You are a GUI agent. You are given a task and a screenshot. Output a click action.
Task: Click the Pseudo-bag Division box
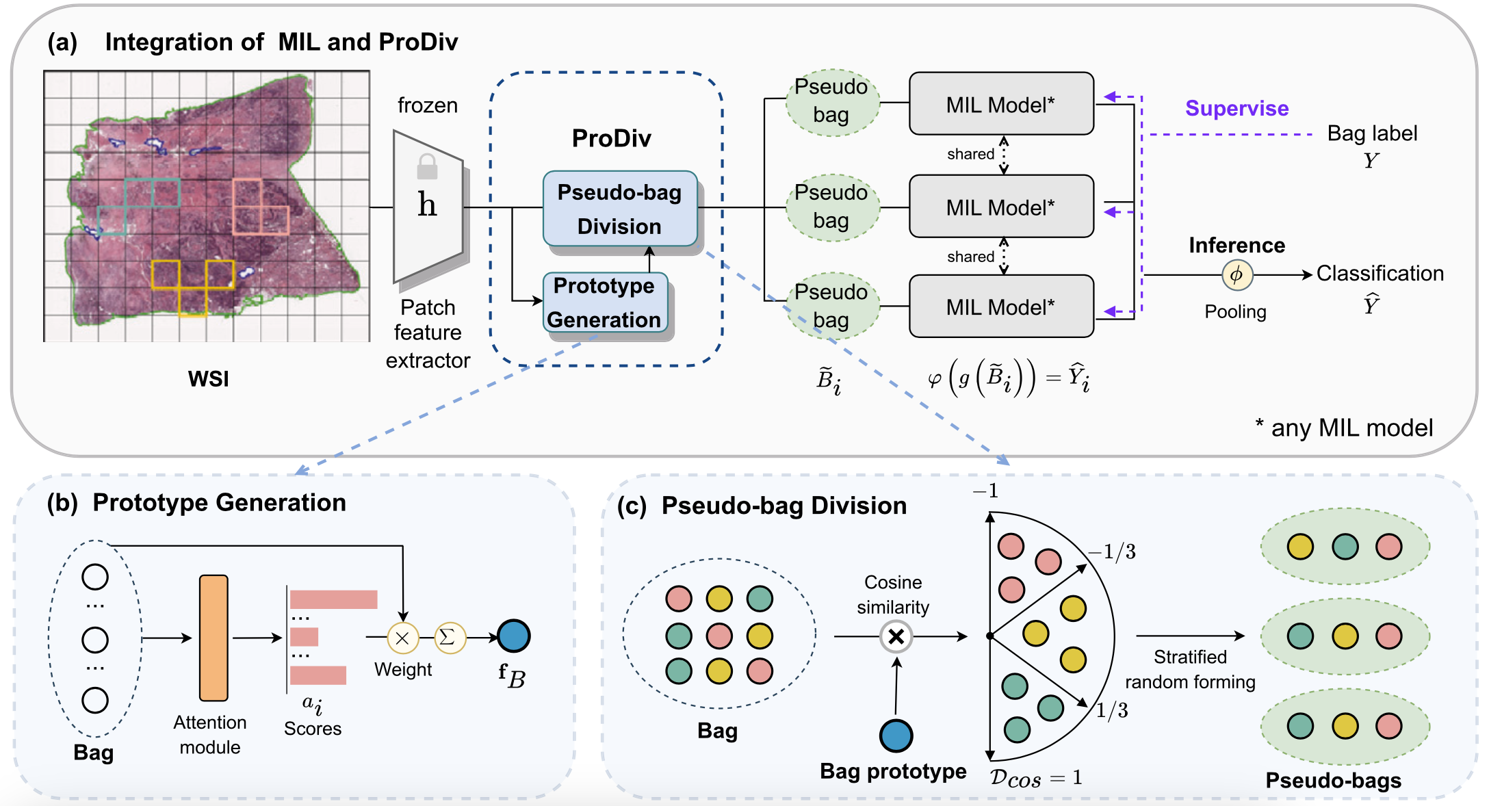coord(619,209)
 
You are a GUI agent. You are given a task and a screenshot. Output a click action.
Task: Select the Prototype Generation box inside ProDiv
coord(604,302)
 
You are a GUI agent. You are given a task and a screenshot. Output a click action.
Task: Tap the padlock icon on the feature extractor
coord(427,166)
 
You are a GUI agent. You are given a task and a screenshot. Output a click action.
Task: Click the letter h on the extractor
coord(427,205)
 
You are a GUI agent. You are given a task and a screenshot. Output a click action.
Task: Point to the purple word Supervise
coord(1236,108)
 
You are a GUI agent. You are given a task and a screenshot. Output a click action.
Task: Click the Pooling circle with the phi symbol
coord(1236,275)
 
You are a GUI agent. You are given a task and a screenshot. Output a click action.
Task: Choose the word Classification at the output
coord(1380,274)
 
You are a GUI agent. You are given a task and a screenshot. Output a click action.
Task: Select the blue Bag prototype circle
coord(896,736)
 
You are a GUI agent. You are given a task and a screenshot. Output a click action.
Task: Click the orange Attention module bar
coord(213,638)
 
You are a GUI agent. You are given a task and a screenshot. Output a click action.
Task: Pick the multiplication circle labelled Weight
coord(403,638)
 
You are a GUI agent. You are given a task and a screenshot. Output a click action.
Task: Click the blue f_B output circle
coord(513,636)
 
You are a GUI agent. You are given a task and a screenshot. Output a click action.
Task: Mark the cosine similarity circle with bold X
coord(896,637)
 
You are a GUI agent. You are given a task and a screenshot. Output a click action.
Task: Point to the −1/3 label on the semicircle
coord(1113,551)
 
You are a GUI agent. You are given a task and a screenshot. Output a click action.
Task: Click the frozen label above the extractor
coord(428,105)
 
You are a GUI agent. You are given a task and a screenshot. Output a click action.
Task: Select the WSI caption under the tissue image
coord(208,378)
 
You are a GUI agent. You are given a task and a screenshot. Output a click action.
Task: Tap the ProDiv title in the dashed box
coord(611,138)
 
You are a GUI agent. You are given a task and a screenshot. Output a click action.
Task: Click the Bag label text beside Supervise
coord(1372,133)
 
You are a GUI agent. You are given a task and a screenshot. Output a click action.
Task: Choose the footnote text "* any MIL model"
coord(1344,428)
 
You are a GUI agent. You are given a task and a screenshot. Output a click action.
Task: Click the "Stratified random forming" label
coord(1190,669)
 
